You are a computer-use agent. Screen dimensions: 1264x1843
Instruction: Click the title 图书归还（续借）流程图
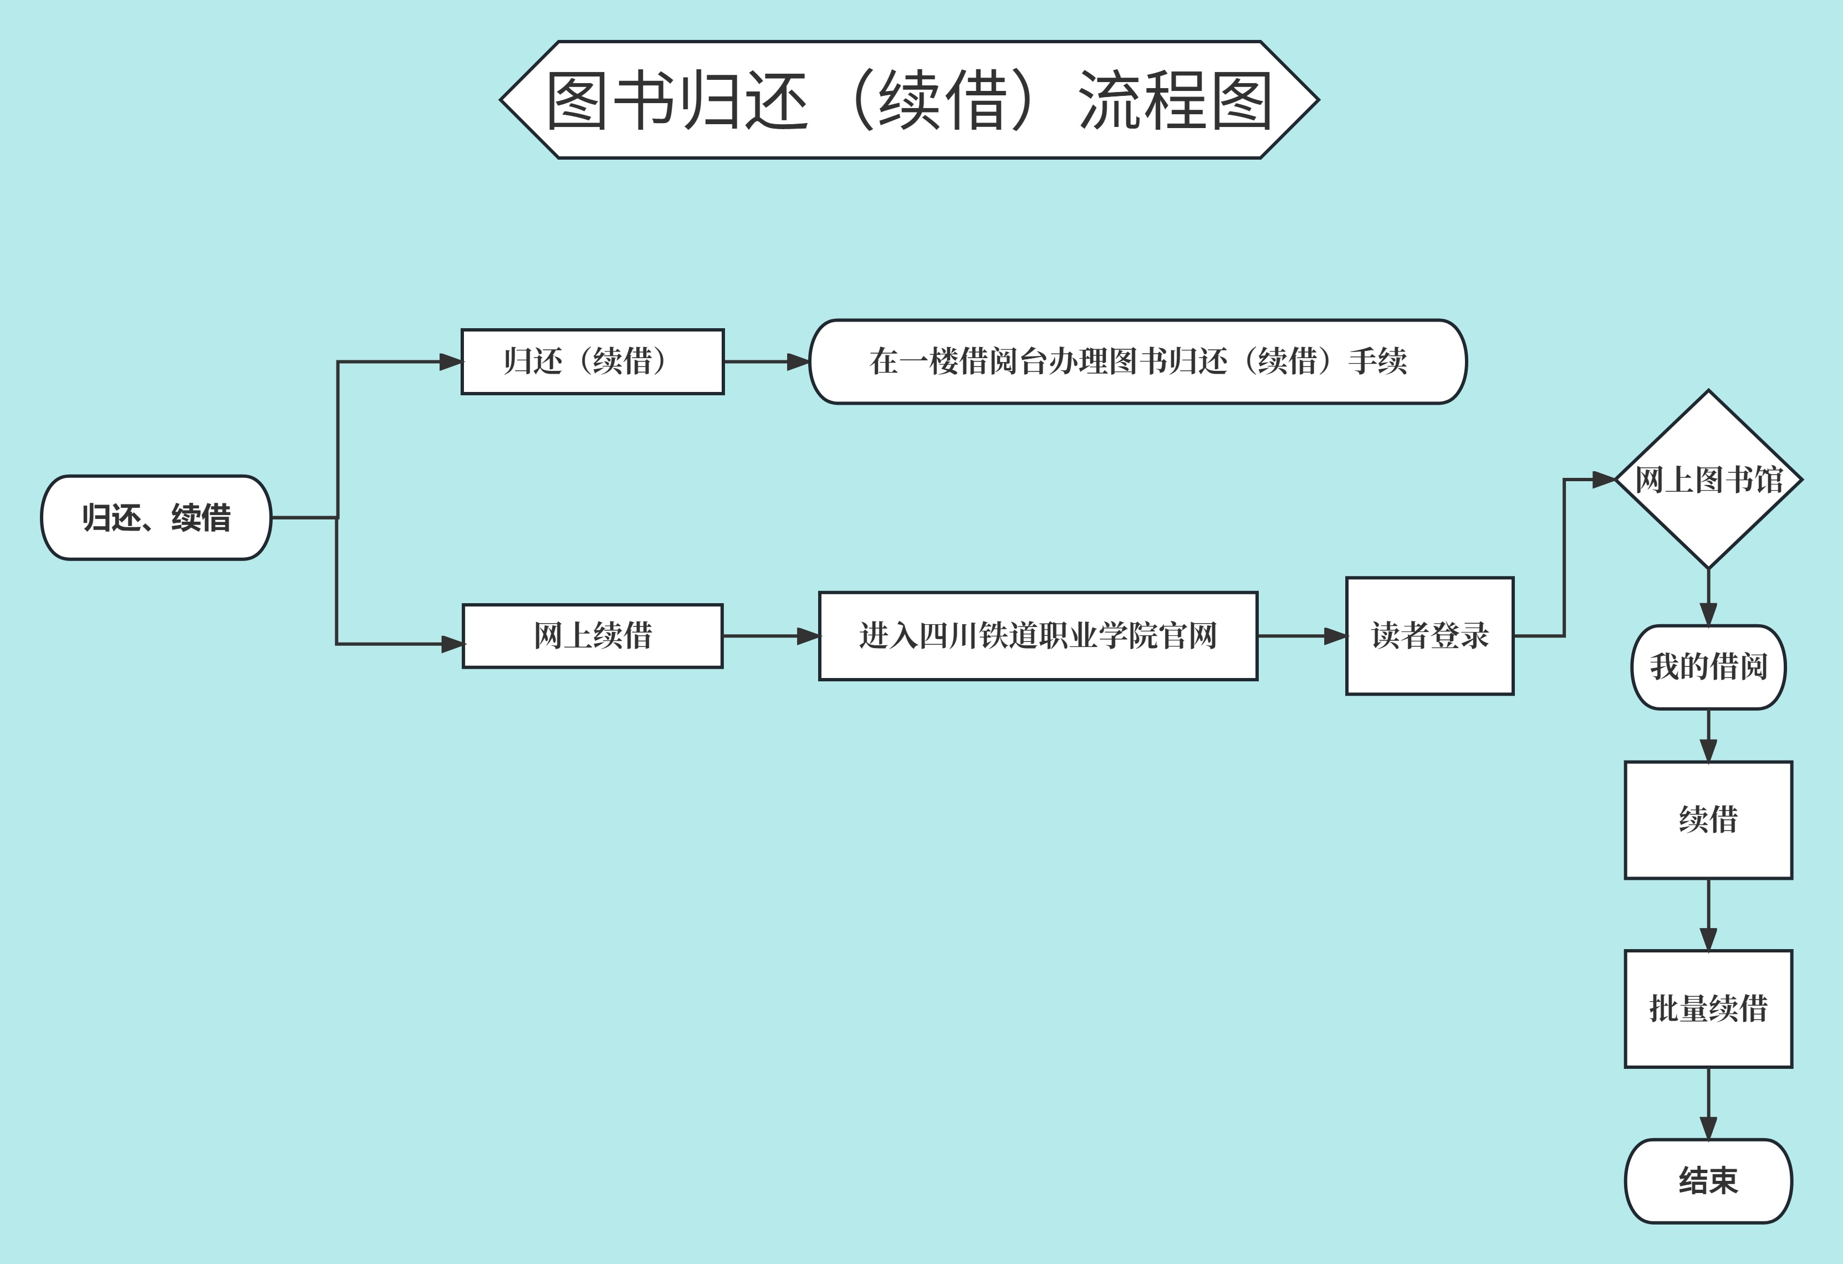pyautogui.click(x=909, y=100)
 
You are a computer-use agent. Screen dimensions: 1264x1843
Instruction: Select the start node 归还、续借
pyautogui.click(x=156, y=518)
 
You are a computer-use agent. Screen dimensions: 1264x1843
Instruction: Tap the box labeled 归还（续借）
pyautogui.click(x=593, y=361)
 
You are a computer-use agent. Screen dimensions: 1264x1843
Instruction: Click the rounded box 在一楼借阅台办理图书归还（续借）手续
pyautogui.click(x=1137, y=361)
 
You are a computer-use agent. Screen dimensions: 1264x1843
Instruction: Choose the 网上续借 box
pyautogui.click(x=593, y=636)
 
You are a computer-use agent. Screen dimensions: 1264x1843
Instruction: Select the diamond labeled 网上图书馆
pyautogui.click(x=1708, y=480)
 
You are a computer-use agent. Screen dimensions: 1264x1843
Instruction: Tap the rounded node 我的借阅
pyautogui.click(x=1708, y=667)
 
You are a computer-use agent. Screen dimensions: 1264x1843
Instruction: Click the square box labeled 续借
pyautogui.click(x=1708, y=820)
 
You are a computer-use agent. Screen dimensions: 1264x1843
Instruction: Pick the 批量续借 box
pyautogui.click(x=1708, y=1008)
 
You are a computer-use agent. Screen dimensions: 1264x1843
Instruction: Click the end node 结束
pyautogui.click(x=1708, y=1181)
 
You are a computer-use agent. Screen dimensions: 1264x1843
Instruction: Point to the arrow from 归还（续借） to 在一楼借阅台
pyautogui.click(x=765, y=361)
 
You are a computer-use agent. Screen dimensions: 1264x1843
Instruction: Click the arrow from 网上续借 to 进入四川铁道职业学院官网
pyautogui.click(x=770, y=636)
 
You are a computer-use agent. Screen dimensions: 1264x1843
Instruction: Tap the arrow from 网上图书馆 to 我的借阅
pyautogui.click(x=1708, y=597)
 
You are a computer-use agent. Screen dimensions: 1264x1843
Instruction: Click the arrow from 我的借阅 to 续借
pyautogui.click(x=1708, y=735)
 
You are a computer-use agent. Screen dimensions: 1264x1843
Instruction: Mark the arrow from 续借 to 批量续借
pyautogui.click(x=1708, y=914)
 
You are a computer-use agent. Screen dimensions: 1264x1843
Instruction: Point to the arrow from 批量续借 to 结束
pyautogui.click(x=1708, y=1103)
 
